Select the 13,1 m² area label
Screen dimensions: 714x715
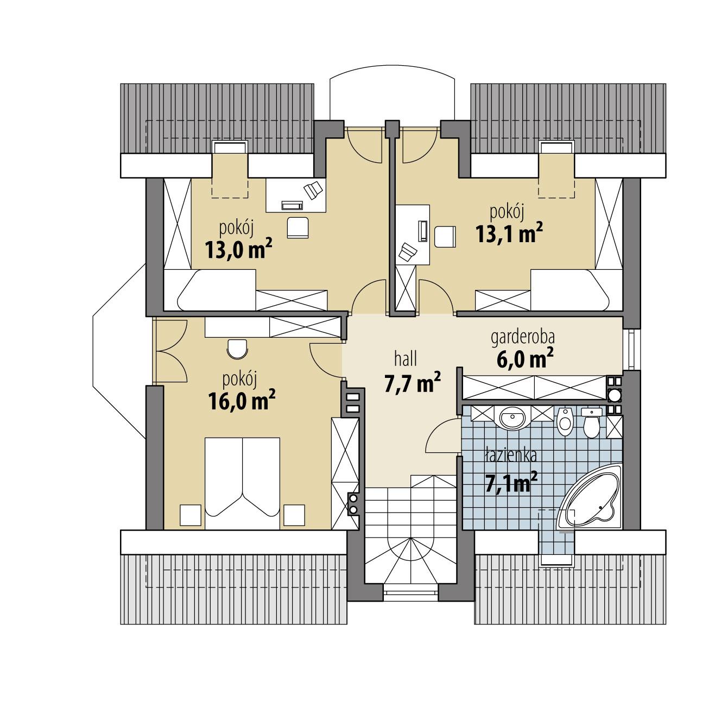point(509,233)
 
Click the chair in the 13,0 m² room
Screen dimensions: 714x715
point(297,227)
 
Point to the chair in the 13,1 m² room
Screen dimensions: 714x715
point(446,236)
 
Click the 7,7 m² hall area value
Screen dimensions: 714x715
point(412,383)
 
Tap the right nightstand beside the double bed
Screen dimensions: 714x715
point(294,515)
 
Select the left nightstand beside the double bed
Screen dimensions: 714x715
point(191,515)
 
